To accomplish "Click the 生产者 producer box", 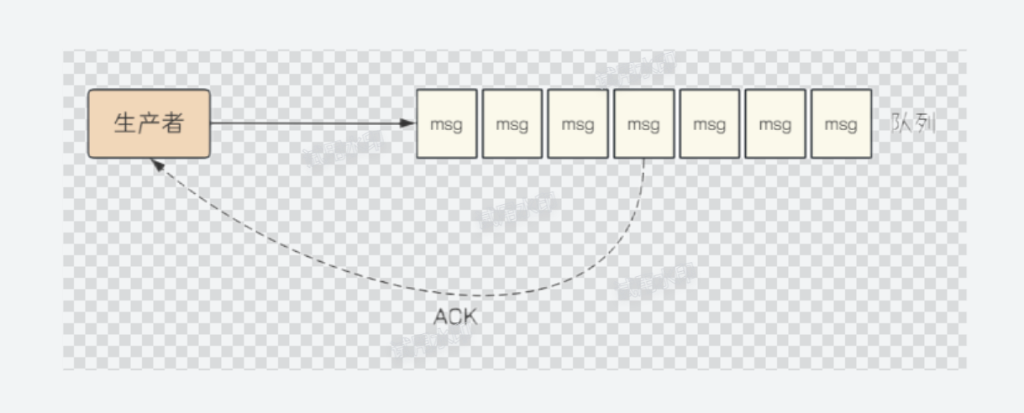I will (149, 123).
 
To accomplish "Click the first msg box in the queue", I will (446, 123).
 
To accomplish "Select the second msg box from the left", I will (512, 123).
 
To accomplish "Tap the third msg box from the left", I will (578, 123).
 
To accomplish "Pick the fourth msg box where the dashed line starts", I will (643, 123).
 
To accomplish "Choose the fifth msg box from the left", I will (709, 123).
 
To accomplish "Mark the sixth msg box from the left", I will (775, 123).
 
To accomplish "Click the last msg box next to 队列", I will (840, 123).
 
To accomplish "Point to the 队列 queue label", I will (913, 124).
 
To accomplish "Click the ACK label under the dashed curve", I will (455, 316).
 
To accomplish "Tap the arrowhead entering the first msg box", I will (409, 123).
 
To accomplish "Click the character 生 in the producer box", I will (125, 123).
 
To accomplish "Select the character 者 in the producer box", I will (172, 123).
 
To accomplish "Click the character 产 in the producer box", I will (149, 123).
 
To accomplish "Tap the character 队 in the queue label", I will (902, 124).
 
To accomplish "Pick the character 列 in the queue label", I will (924, 124).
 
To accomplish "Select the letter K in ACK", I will (469, 316).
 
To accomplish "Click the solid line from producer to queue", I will (311, 123).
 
